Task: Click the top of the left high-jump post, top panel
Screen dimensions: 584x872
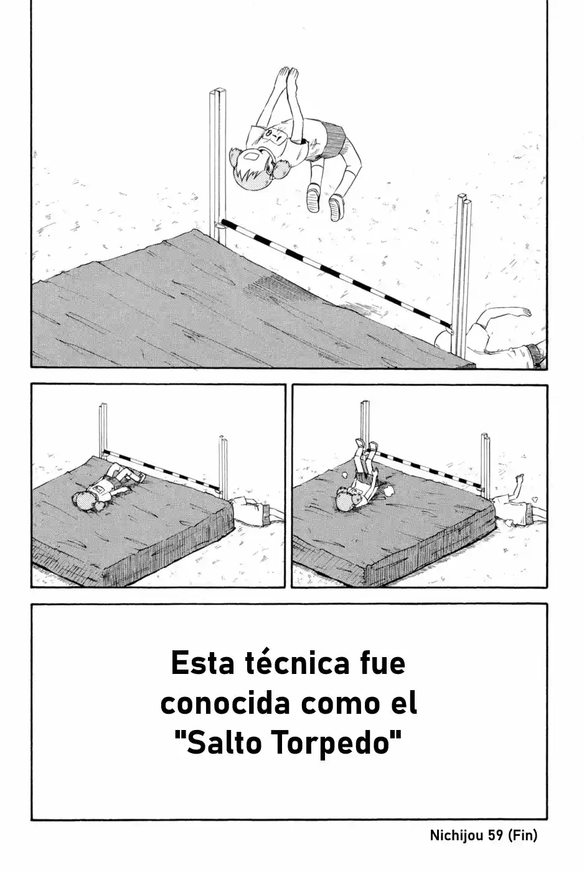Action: point(217,92)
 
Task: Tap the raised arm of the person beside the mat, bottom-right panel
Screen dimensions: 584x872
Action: point(514,488)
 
